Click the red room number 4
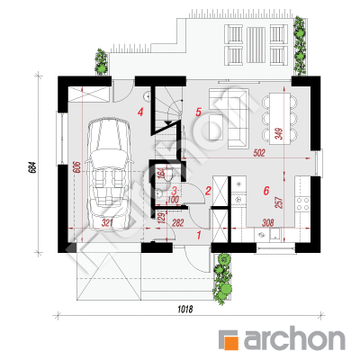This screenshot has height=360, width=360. (140, 112)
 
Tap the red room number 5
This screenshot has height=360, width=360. (198, 112)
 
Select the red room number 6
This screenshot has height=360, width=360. (266, 191)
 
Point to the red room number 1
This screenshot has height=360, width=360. (198, 235)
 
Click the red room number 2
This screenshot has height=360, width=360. (208, 191)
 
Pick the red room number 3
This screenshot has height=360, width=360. (175, 190)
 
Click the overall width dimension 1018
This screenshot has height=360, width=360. (184, 309)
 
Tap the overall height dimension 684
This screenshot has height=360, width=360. (32, 166)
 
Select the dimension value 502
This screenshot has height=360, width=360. (259, 153)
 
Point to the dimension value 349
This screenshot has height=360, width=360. (279, 133)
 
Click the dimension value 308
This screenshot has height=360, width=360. (268, 223)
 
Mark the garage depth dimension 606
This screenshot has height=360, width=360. (76, 167)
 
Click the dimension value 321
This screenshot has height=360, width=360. (107, 223)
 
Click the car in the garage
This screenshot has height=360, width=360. (109, 174)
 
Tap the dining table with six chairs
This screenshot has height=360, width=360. (280, 119)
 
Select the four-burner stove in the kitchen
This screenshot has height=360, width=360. (302, 203)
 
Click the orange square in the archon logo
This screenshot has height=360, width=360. (231, 343)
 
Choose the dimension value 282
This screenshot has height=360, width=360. (177, 223)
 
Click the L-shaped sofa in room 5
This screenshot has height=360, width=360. (232, 119)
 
